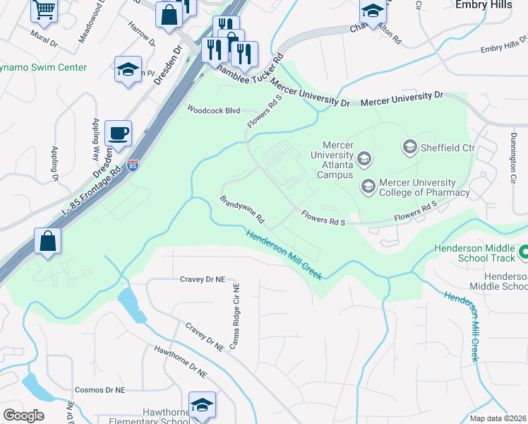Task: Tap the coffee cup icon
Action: coord(118,133)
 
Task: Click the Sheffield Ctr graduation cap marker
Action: coord(409,147)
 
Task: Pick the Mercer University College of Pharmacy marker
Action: coord(368,187)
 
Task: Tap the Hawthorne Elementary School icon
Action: coord(202,406)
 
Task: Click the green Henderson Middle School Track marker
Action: coord(524,252)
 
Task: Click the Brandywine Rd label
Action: coord(241,207)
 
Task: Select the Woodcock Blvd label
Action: coord(213,110)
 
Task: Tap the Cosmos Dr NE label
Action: coord(100,390)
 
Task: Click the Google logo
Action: coord(23,416)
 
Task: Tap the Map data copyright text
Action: coord(498,418)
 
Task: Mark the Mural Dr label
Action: coord(44,37)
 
